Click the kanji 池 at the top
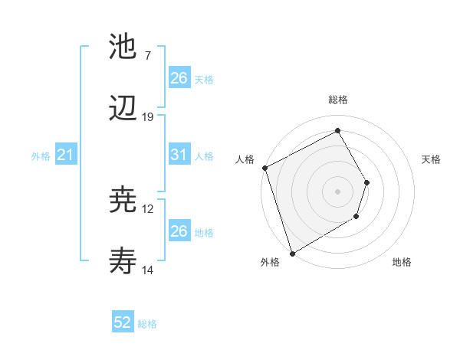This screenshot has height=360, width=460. [x=123, y=47]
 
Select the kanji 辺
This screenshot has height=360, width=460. [x=123, y=110]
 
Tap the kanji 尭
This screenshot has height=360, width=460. [x=123, y=201]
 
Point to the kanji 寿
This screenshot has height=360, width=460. [x=123, y=263]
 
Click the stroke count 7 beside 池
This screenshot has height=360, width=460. [x=147, y=56]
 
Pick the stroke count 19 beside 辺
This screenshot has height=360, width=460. [x=148, y=117]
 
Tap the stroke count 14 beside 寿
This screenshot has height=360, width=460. [x=148, y=270]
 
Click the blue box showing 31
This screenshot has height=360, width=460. [x=179, y=155]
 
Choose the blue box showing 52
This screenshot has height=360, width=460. [x=123, y=322]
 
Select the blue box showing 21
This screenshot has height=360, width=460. [x=66, y=155]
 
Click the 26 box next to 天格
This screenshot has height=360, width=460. [x=179, y=78]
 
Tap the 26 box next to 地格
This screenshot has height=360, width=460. [x=179, y=231]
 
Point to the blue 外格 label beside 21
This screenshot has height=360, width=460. [x=41, y=156]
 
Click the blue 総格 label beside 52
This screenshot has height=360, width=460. [x=147, y=324]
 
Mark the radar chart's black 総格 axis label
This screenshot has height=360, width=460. [x=338, y=100]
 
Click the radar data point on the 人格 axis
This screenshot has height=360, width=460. [x=264, y=168]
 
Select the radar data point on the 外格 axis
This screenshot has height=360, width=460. [x=292, y=253]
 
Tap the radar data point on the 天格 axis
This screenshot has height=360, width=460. [x=367, y=182]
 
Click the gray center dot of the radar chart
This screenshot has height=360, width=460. [x=337, y=191]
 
